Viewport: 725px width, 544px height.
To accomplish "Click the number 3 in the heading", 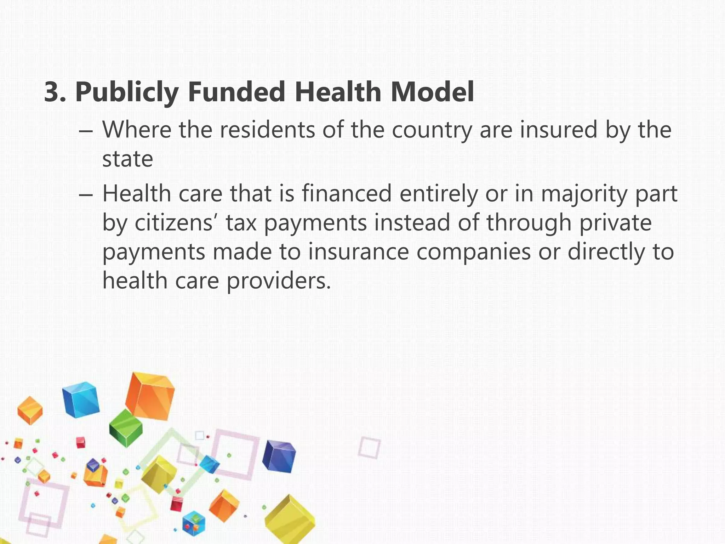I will [54, 92].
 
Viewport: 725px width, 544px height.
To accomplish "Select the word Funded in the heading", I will [236, 92].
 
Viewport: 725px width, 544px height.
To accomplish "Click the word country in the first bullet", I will [432, 130].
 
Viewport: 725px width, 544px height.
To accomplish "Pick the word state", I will [127, 159].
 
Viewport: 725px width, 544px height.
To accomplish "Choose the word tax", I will [241, 223].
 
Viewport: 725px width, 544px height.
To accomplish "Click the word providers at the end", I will [279, 281].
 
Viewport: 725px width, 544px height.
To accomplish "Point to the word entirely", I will [438, 194].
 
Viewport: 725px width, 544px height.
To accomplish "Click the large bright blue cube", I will [80, 399].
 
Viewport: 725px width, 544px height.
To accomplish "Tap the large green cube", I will [126, 428].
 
